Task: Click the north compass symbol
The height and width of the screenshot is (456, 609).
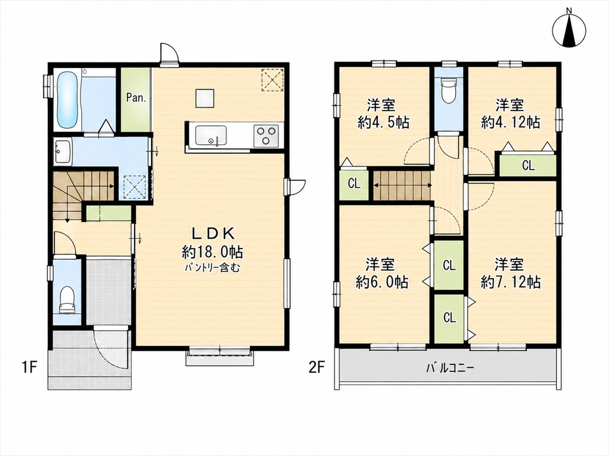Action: (x=569, y=30)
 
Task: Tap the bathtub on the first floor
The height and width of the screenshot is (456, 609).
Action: (x=67, y=100)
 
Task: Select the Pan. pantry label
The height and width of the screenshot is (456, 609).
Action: (x=136, y=97)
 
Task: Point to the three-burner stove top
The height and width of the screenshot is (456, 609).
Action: (x=267, y=136)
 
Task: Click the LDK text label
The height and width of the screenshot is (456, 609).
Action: (x=213, y=234)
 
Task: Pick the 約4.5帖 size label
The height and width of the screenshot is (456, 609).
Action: (x=383, y=123)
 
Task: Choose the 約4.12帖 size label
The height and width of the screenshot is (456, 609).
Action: (x=510, y=123)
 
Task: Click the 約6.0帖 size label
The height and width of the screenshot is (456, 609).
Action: (x=382, y=282)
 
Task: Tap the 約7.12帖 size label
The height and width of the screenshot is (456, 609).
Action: (x=510, y=282)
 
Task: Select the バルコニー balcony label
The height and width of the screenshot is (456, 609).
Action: (x=450, y=368)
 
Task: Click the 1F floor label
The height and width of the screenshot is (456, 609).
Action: (x=29, y=367)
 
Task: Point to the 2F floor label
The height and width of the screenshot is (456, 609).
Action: (x=317, y=367)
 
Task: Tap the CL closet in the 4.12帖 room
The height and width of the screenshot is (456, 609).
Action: (x=528, y=165)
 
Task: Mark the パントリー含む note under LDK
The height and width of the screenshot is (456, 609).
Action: (x=212, y=267)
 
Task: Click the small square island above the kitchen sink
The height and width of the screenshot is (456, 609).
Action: (x=205, y=98)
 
